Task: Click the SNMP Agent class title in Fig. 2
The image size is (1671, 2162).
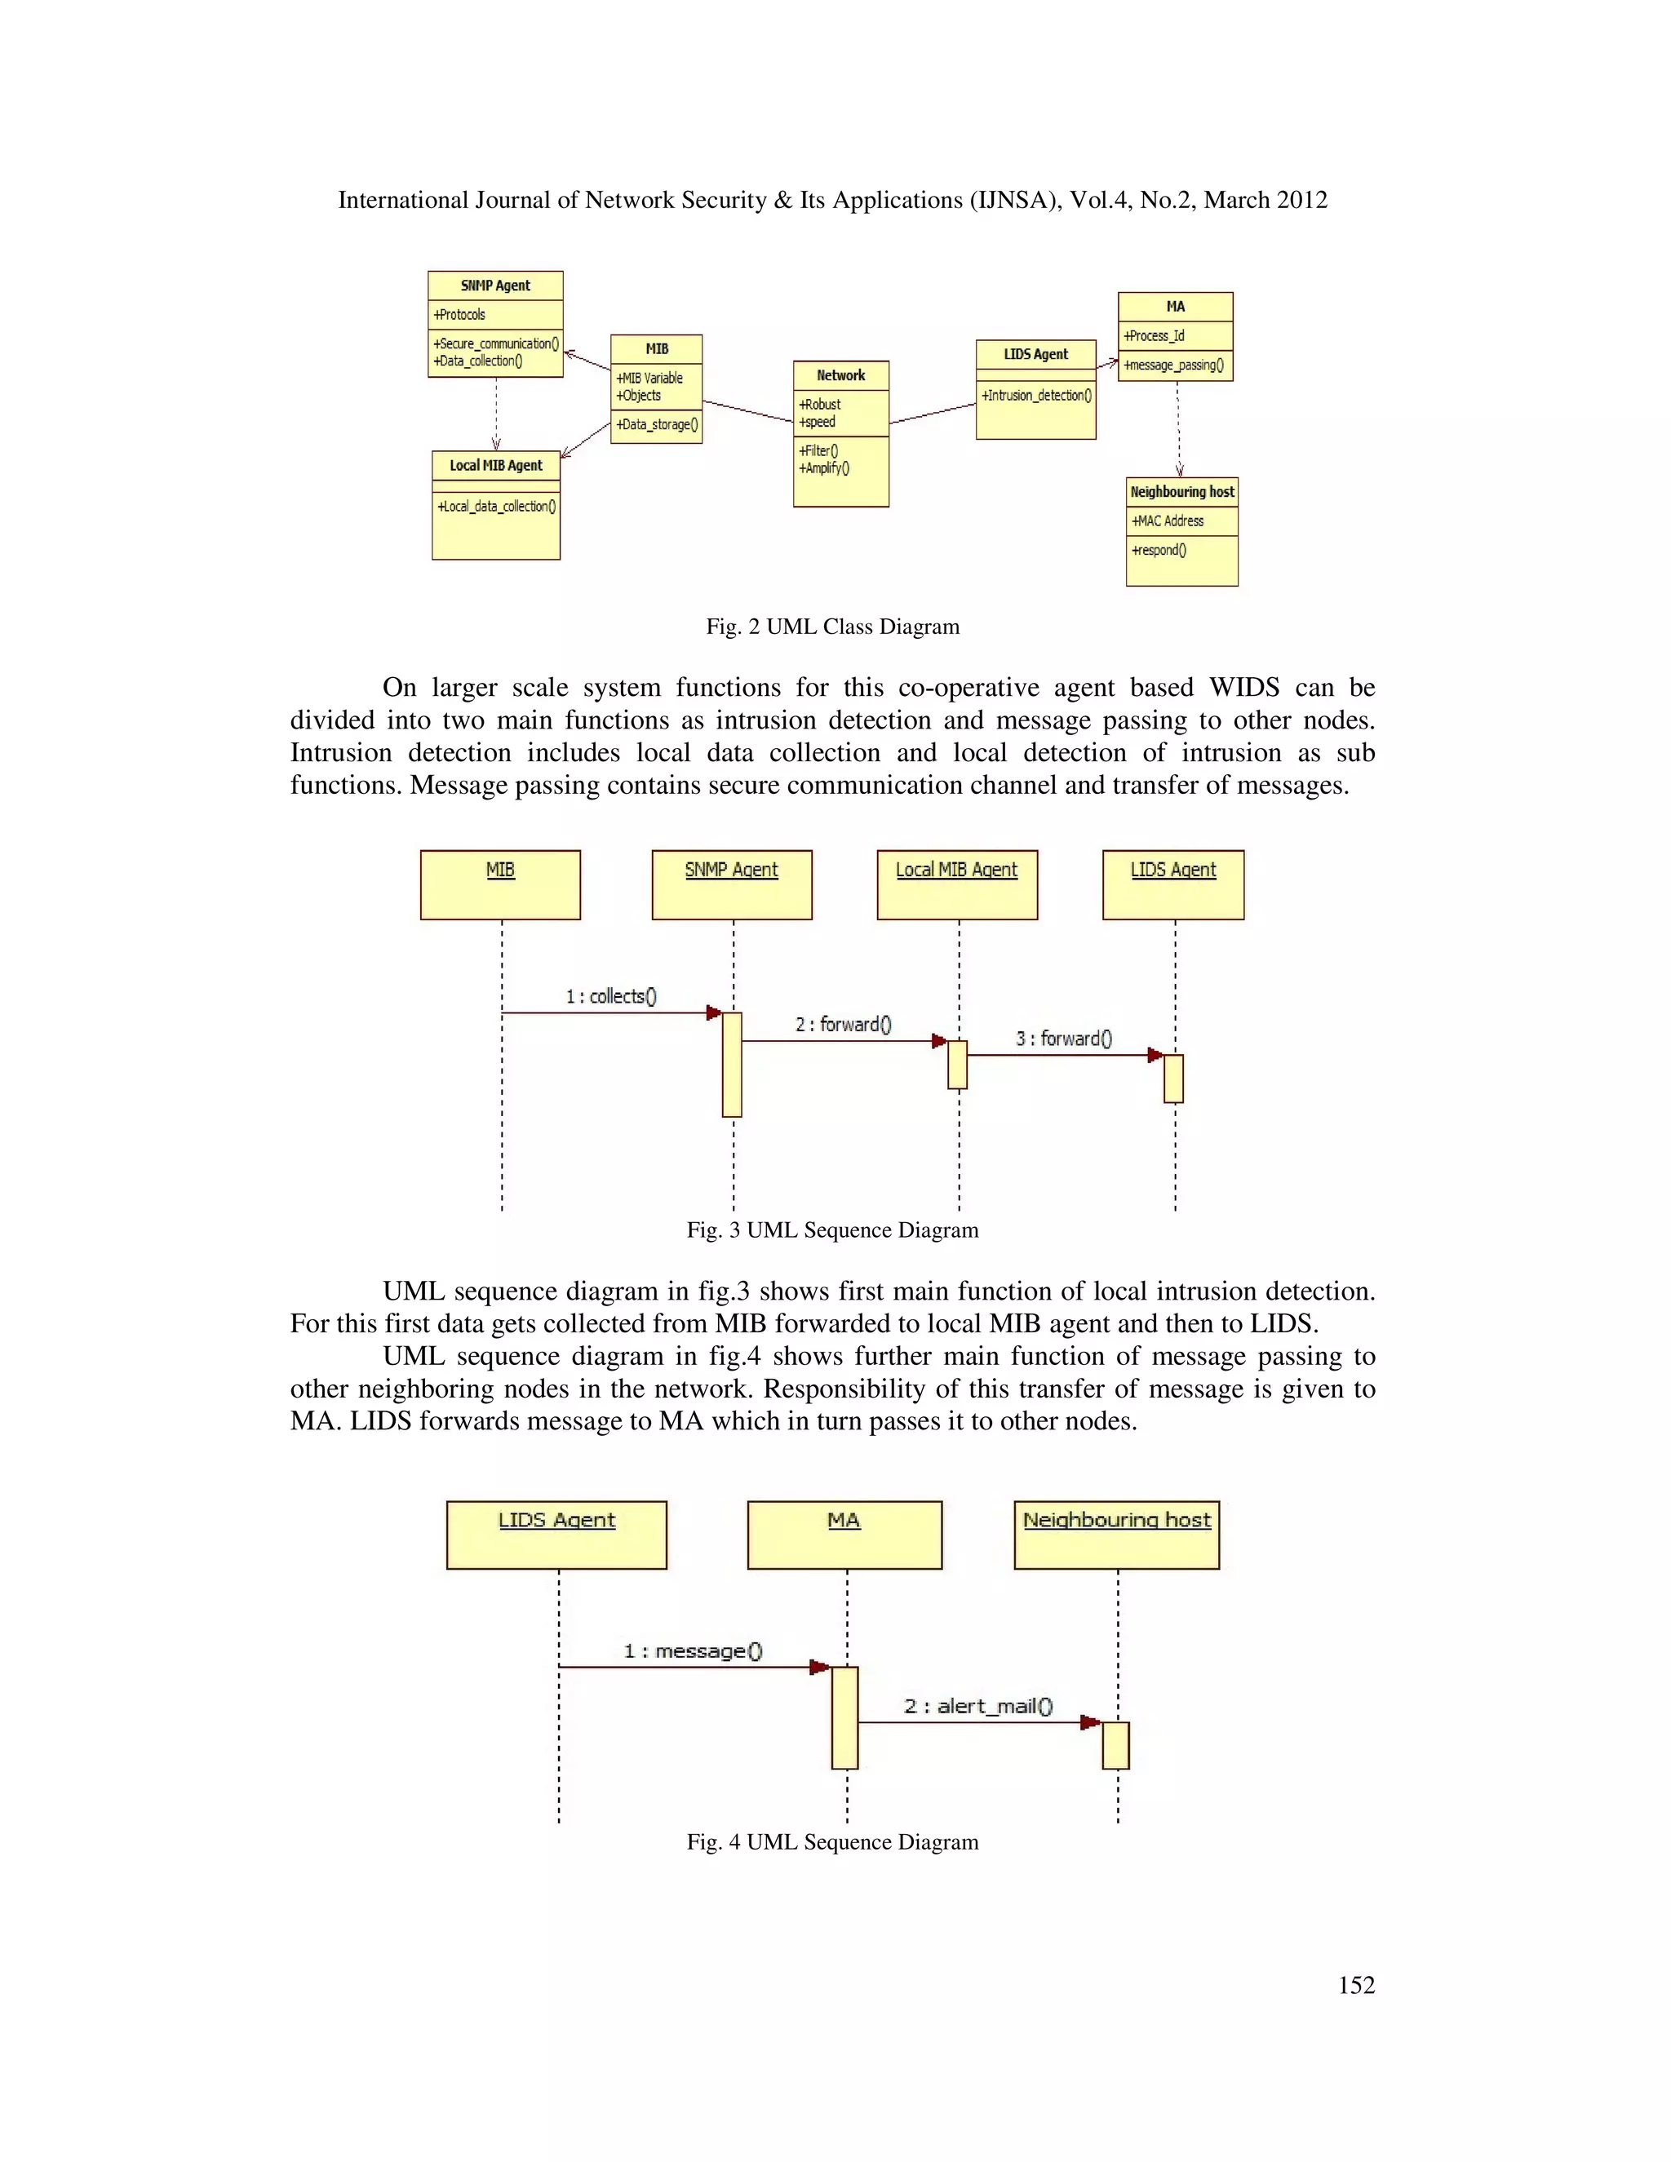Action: [495, 285]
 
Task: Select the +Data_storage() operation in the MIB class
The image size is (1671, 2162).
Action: [656, 425]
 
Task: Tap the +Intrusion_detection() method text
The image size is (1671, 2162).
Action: [1035, 395]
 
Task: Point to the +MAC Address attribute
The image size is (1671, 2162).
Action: [1168, 521]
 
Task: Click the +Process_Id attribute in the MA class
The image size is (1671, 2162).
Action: [1155, 335]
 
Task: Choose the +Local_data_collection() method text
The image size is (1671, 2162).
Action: [496, 506]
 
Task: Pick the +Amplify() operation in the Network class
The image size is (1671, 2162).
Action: [823, 468]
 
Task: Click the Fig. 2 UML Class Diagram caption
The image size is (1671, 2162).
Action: [832, 627]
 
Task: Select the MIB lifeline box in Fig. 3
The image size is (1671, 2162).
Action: [500, 884]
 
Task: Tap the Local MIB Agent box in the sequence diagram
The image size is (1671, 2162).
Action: [956, 884]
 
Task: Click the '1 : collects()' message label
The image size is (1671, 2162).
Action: [611, 996]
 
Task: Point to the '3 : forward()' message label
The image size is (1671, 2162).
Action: [1063, 1039]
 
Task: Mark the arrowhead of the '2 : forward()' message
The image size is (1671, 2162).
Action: [939, 1040]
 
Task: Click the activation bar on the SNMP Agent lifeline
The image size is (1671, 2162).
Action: [732, 1064]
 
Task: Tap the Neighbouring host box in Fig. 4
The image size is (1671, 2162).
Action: [1117, 1535]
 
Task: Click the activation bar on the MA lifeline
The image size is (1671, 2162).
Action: [844, 1717]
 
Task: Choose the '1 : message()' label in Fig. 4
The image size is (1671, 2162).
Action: [693, 1650]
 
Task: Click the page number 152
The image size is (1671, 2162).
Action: [1356, 1985]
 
